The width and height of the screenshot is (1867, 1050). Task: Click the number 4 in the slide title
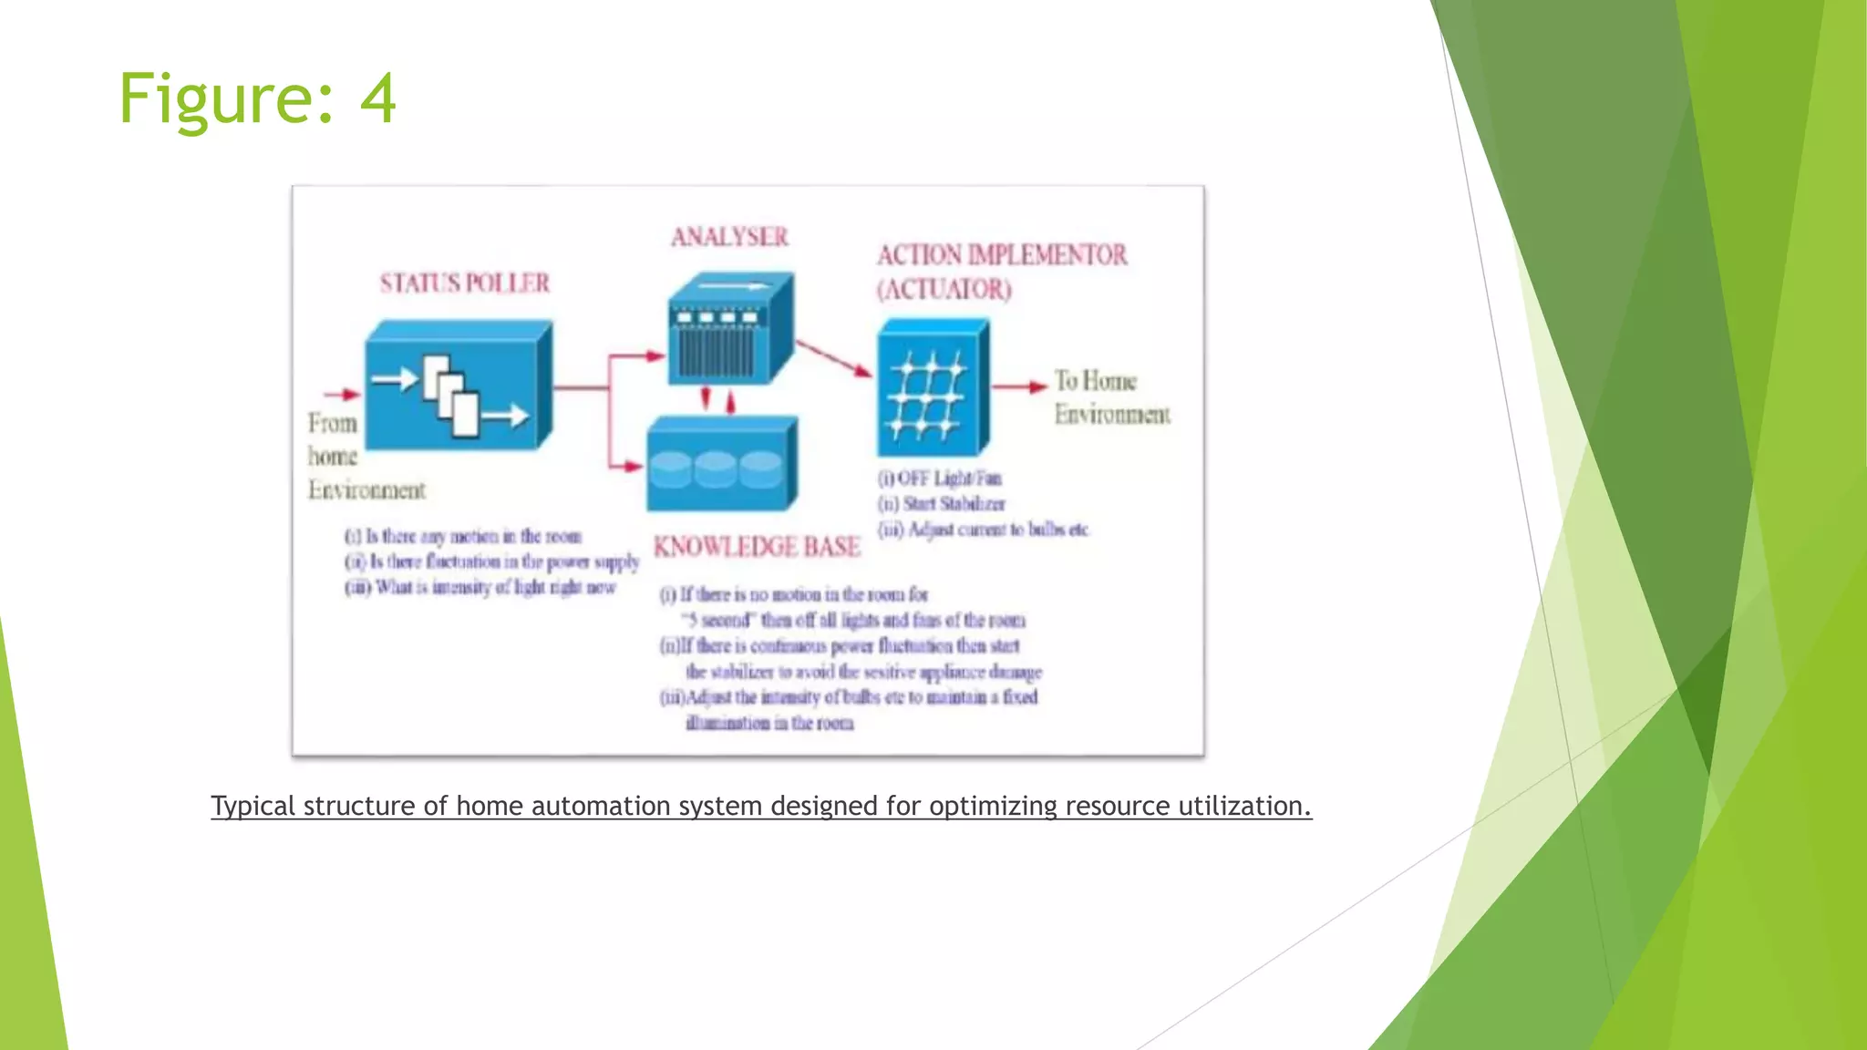pos(377,98)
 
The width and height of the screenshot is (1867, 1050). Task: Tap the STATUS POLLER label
pos(465,283)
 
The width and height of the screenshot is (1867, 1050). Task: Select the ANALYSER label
pos(729,237)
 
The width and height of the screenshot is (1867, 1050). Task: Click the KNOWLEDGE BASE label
pos(757,546)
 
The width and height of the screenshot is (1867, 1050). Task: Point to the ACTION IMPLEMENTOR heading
pos(1002,254)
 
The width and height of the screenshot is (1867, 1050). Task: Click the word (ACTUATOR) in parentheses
pos(944,290)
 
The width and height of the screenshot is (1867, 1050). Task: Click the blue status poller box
pos(458,387)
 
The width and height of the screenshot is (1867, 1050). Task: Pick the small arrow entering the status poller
pos(342,395)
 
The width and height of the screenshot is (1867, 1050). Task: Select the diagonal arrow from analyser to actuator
pos(834,358)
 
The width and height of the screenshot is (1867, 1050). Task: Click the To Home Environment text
pos(1110,397)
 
